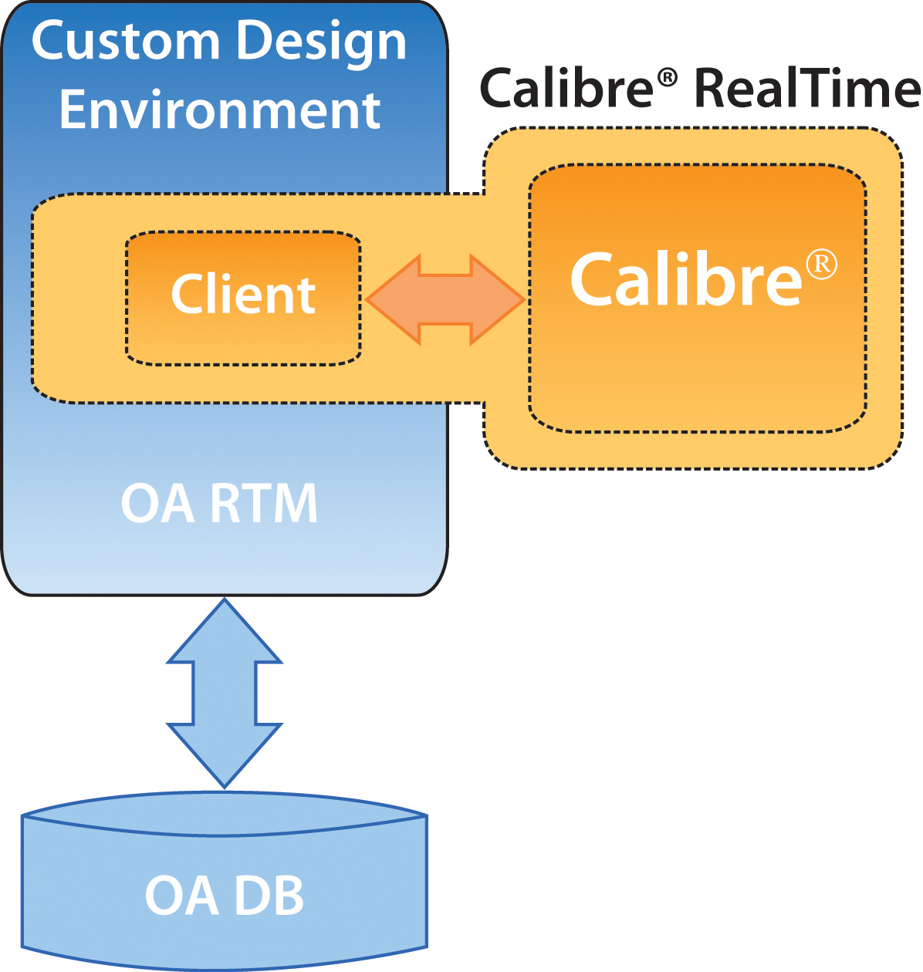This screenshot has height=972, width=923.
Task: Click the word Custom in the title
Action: point(125,42)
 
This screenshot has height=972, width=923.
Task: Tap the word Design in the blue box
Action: point(321,46)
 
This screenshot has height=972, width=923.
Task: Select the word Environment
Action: point(220,110)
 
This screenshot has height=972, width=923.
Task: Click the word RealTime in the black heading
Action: point(808,88)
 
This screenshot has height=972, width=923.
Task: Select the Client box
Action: point(243,298)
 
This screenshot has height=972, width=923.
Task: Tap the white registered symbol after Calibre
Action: point(822,265)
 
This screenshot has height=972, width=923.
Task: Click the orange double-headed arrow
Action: point(445,299)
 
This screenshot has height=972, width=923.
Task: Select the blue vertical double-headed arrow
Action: point(224,694)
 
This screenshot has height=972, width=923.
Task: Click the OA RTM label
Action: point(218,503)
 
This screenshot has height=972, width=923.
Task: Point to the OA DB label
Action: point(224,896)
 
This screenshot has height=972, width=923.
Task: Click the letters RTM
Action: point(264,503)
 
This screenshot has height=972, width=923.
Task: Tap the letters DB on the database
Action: point(269,896)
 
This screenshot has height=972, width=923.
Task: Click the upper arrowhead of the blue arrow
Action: point(224,630)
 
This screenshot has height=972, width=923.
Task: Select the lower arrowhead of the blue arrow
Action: point(224,756)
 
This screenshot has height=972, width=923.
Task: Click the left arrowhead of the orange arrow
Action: point(394,299)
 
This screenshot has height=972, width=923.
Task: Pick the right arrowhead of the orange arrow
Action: point(497,299)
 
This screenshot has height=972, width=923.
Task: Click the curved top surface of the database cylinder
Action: point(224,814)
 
